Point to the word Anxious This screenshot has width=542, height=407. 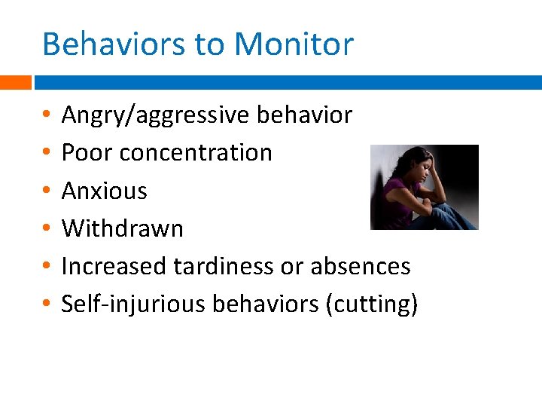pyautogui.click(x=104, y=191)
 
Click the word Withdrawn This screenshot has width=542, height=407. pyautogui.click(x=122, y=228)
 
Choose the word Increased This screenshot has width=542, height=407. pyautogui.click(x=114, y=266)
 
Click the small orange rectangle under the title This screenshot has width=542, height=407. pyautogui.click(x=15, y=82)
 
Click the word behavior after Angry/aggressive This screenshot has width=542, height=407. pyautogui.click(x=304, y=115)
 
